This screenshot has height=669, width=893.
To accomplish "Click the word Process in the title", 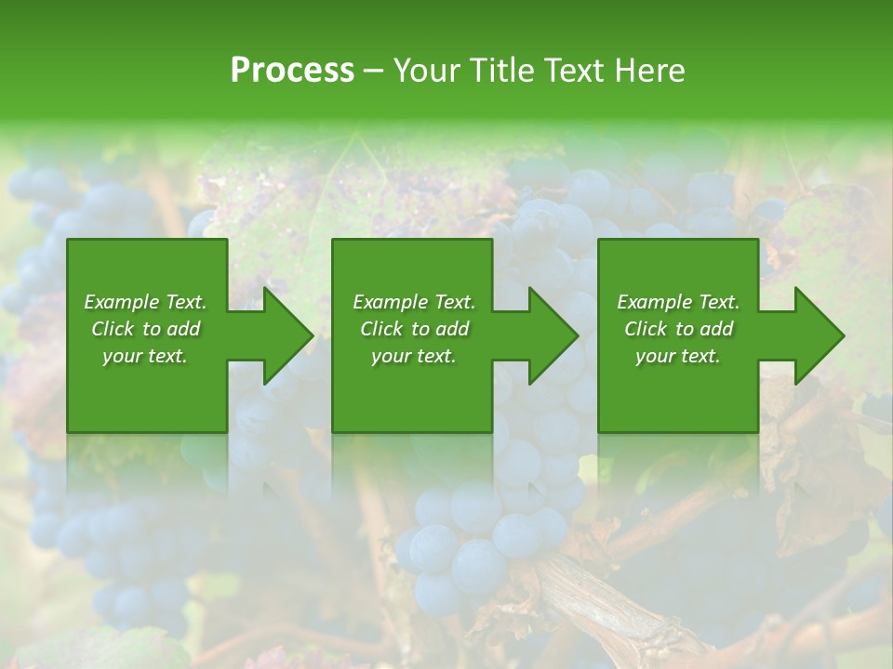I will (292, 71).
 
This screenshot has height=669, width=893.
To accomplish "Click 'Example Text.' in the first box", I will (145, 302).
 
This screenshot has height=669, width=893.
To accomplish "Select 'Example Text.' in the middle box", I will (414, 302).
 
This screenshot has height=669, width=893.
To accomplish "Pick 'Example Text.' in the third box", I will (678, 302).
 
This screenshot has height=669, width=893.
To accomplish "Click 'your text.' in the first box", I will (145, 356).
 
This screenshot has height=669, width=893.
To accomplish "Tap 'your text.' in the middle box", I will (414, 356).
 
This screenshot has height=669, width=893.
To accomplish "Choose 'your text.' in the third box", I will (678, 356).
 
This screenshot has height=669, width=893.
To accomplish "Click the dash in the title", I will (374, 71).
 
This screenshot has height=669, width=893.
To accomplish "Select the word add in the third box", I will (716, 329).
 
